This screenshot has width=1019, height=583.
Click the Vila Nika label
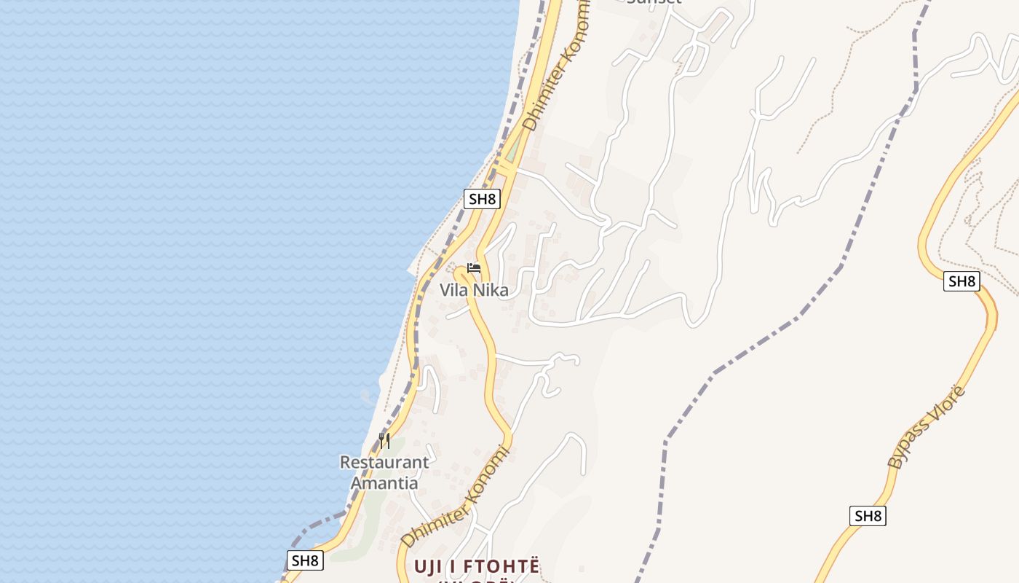473,290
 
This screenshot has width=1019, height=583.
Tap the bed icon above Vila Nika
474,268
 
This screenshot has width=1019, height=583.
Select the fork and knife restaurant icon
384,440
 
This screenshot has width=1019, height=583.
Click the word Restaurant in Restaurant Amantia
384,462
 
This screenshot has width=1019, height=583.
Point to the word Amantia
384,482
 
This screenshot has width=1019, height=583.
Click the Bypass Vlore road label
926,427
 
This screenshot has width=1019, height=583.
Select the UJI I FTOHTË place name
477,566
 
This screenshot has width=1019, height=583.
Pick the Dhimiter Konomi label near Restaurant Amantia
453,497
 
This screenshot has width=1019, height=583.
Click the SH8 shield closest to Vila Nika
482,198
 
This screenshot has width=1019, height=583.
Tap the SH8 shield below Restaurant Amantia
304,560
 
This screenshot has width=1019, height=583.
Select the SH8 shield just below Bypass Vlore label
868,516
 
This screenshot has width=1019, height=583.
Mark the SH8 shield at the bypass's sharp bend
961,281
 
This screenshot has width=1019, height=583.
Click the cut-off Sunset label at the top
654,2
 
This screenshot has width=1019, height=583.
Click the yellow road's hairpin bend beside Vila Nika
461,274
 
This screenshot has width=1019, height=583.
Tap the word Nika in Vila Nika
491,290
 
